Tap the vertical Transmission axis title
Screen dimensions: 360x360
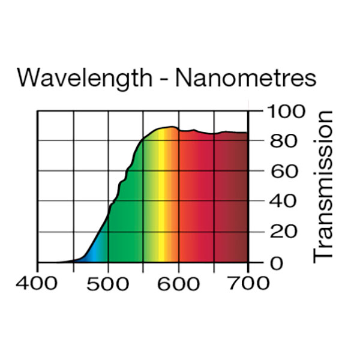324,185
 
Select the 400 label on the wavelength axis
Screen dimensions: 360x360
38,282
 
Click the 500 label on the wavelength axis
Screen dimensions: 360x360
108,282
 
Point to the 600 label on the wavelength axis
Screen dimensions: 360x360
178,282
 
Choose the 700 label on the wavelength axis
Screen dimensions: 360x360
248,282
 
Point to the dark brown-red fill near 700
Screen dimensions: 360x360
242,198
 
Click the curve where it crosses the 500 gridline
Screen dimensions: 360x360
109,211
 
